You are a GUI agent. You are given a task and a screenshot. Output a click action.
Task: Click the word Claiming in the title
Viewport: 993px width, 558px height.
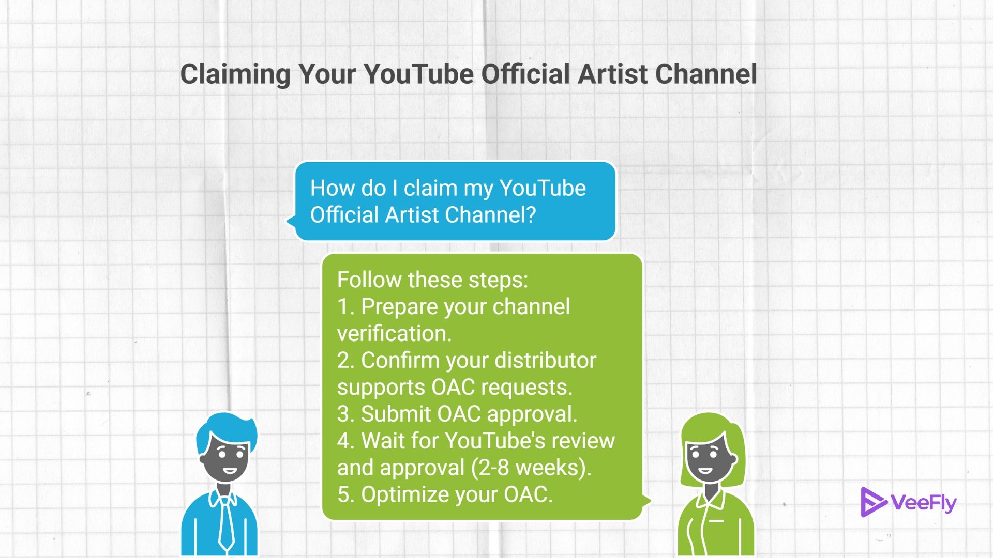tap(235, 74)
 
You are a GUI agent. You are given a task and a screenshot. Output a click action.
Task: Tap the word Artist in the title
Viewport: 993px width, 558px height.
tap(613, 74)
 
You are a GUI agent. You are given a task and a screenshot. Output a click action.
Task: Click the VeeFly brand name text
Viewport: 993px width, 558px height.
tap(924, 503)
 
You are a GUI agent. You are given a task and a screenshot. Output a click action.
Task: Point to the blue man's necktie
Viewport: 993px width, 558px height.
tap(226, 522)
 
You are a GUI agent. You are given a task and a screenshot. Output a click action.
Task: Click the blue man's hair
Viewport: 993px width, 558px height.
tap(228, 429)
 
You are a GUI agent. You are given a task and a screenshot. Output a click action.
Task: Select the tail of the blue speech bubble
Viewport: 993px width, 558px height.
tap(291, 221)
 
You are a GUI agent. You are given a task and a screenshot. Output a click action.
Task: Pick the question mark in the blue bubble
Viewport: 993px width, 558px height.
tap(530, 215)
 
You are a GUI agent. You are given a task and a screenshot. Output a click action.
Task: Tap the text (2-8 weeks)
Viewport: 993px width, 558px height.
tap(531, 468)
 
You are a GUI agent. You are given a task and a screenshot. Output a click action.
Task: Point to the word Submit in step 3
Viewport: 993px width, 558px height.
tap(396, 414)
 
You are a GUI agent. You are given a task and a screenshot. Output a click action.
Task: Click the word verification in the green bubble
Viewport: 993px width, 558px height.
tap(394, 334)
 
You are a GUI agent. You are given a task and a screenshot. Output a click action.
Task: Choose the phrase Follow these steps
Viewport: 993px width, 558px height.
tap(432, 280)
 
